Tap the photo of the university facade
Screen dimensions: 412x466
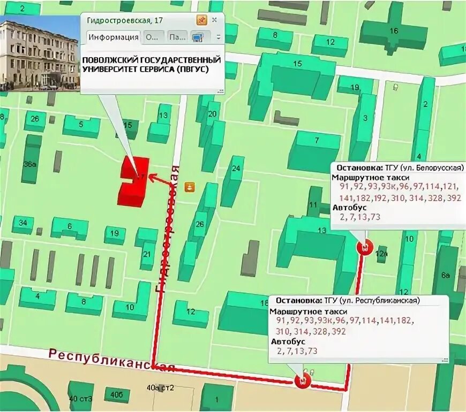(39, 54)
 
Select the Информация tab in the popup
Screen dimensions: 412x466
(113, 37)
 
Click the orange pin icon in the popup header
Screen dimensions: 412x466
(201, 20)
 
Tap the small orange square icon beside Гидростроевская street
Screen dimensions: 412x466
(189, 187)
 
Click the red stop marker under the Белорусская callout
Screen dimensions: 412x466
(364, 247)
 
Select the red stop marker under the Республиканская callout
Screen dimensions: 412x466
(302, 381)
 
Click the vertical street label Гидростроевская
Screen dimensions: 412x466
(167, 230)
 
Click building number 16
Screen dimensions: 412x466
(394, 31)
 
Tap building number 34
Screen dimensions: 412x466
(22, 223)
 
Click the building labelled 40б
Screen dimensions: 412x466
(116, 395)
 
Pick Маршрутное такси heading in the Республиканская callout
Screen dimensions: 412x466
(309, 311)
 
